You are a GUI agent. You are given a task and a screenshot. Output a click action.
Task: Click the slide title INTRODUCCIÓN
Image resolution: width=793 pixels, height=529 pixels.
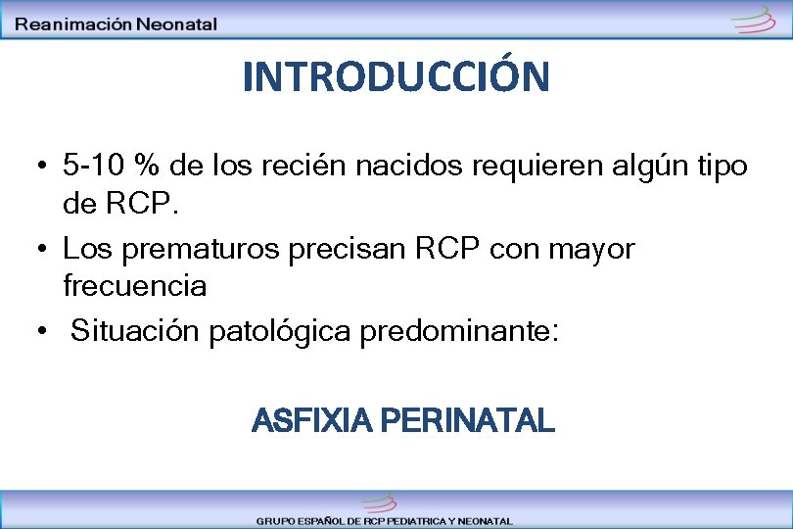click(x=396, y=76)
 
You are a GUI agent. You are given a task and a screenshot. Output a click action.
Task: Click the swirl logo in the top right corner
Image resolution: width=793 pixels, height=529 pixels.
click(x=754, y=19)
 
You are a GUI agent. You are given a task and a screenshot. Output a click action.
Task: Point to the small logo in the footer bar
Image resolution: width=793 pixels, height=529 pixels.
click(x=378, y=503)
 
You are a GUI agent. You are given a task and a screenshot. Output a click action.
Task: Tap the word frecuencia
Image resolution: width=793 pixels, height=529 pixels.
click(x=134, y=286)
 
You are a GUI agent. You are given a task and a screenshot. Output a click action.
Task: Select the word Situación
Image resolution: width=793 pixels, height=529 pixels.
click(x=135, y=332)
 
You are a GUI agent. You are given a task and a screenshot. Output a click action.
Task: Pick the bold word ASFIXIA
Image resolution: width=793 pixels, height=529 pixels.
click(x=311, y=421)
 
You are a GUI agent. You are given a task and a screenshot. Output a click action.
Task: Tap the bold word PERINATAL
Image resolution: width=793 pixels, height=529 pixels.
click(x=466, y=421)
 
